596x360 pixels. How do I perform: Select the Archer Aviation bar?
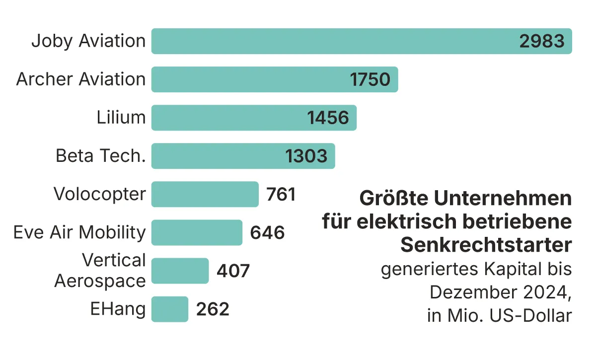tap(248, 79)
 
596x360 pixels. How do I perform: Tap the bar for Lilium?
tap(228, 118)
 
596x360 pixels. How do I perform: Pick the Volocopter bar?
tap(205, 194)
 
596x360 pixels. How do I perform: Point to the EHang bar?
tap(169, 309)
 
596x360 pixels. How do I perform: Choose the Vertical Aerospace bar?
tap(180, 271)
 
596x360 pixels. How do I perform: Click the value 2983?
tap(542, 41)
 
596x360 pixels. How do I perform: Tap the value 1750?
tap(370, 79)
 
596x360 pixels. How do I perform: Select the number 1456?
tap(328, 118)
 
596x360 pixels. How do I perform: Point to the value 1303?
tap(306, 156)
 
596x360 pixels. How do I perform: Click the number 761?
tap(281, 194)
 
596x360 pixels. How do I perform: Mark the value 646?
tap(267, 232)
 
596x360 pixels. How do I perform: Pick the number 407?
tap(233, 271)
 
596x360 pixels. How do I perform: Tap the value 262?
tap(213, 309)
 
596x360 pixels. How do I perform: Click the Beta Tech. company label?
tap(100, 156)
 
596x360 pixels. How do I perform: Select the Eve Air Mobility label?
tap(79, 232)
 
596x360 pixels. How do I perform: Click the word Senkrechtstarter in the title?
tap(486, 245)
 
